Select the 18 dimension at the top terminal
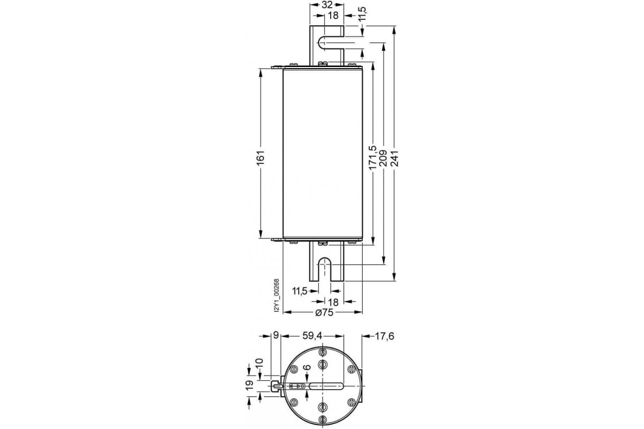pyautogui.click(x=326, y=17)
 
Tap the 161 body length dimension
pyautogui.click(x=260, y=158)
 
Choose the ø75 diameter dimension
pyautogui.click(x=325, y=313)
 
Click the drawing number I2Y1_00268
pyautogui.click(x=276, y=295)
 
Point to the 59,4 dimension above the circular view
pyautogui.click(x=312, y=336)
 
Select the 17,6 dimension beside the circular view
pyautogui.click(x=384, y=336)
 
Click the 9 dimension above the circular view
pyautogui.click(x=275, y=336)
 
